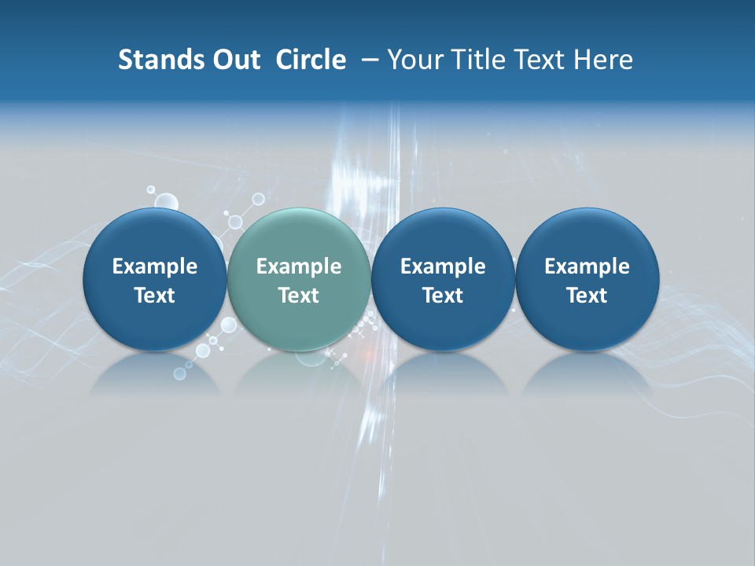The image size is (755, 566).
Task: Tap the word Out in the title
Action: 234,60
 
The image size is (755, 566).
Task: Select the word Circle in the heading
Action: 311,60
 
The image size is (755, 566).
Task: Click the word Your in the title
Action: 412,60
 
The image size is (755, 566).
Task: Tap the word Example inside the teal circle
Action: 299,266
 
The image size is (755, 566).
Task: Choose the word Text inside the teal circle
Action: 299,296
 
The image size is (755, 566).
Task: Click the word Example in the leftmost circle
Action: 154,266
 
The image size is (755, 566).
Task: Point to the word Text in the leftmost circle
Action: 154,296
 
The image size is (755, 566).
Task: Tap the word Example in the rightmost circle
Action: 587,266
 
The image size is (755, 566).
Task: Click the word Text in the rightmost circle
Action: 587,296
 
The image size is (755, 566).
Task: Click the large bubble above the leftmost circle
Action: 166,201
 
